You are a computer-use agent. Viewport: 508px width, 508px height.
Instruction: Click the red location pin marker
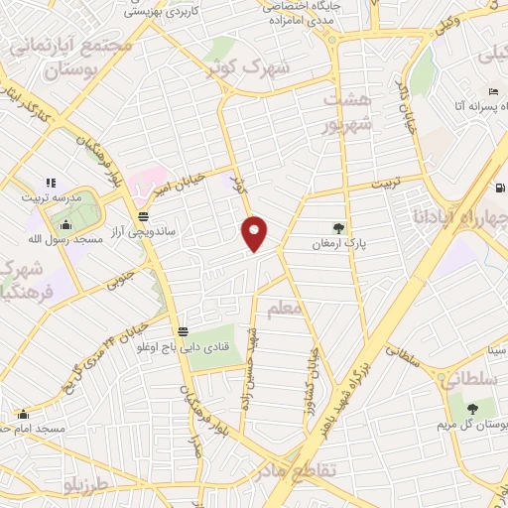point(255,233)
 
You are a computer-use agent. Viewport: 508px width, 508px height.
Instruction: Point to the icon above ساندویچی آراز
point(144,215)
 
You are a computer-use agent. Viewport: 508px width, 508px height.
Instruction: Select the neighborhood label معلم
point(283,310)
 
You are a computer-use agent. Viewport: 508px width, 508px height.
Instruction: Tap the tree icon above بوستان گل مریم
point(472,408)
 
